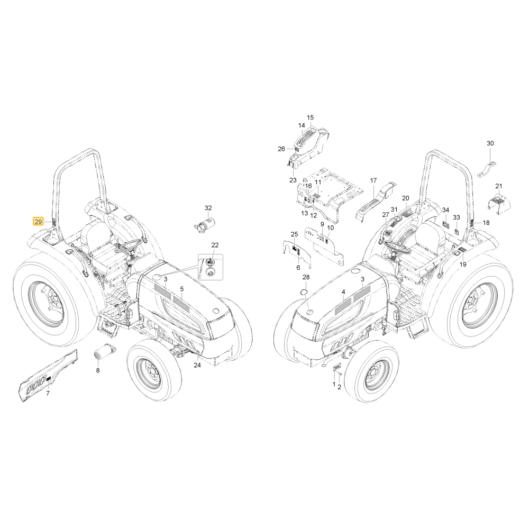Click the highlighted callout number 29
(38, 222)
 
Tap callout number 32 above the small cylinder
(208, 208)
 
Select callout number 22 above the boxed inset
(215, 245)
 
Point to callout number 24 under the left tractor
(197, 364)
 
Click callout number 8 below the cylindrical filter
(98, 370)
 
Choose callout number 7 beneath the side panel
(48, 393)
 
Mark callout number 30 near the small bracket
(490, 143)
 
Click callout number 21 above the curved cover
(499, 186)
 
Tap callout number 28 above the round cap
(306, 277)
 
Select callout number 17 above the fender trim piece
(373, 180)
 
